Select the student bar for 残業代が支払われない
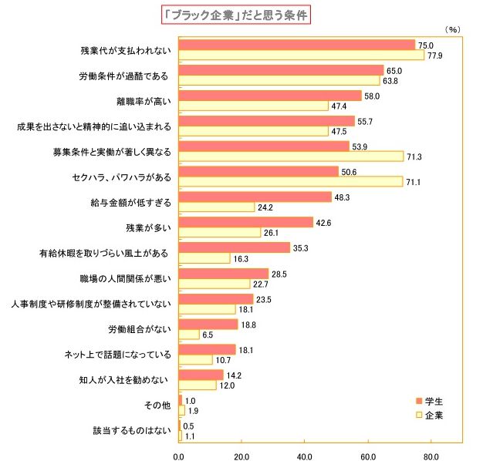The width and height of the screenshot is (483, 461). click(x=297, y=45)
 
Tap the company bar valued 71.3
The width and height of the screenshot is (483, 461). click(x=291, y=156)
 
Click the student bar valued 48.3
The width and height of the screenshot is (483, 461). click(x=255, y=197)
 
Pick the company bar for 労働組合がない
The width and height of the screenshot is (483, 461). click(x=189, y=335)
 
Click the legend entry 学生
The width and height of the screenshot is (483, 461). click(x=433, y=402)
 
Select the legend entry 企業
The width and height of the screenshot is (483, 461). click(x=433, y=415)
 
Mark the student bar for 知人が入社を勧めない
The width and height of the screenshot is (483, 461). click(x=201, y=375)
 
